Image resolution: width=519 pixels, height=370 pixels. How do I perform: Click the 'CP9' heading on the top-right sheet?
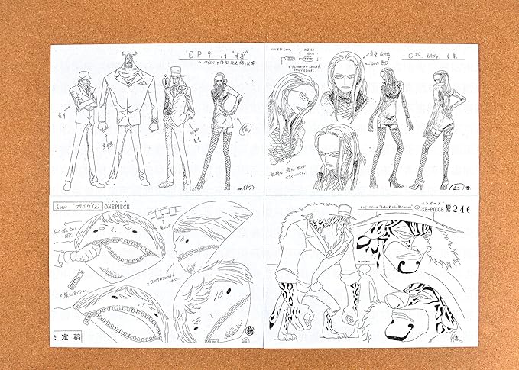coord(417,56)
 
